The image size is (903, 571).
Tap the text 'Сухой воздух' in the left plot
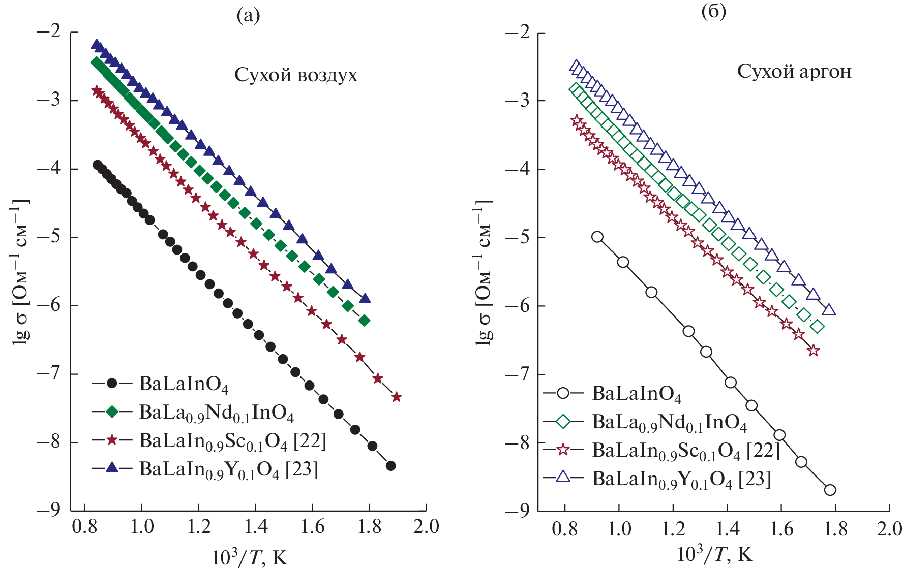point(295,75)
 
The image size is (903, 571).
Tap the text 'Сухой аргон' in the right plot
point(794,72)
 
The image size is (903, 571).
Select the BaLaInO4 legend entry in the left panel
point(184,384)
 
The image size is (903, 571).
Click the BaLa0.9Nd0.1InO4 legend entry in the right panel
point(669,422)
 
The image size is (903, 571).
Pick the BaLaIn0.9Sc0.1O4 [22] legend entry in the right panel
point(685,451)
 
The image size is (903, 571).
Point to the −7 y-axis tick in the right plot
point(518,374)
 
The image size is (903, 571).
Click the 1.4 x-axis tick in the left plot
point(256,527)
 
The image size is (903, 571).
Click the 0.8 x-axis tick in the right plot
point(564,529)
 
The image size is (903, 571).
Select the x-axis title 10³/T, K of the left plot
point(250,558)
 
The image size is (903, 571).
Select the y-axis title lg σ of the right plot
point(484,272)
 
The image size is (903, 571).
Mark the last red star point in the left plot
point(397,397)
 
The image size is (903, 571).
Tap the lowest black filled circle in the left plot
point(390,466)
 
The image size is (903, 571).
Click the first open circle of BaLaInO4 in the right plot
point(597,237)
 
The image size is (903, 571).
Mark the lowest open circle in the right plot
point(830,490)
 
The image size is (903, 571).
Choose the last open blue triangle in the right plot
point(829,310)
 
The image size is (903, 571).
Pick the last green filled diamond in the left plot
point(364,321)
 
